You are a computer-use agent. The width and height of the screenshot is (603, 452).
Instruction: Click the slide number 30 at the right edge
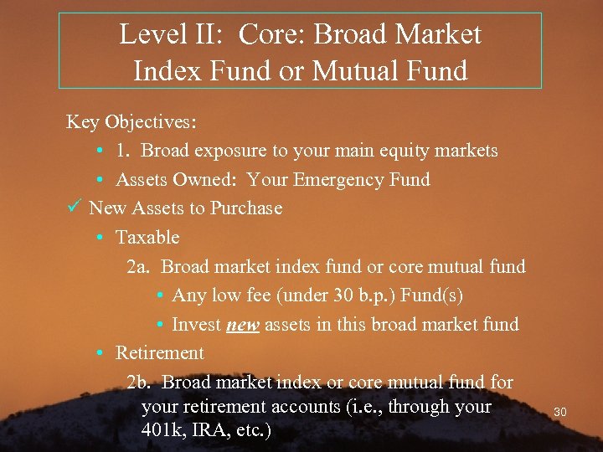coord(560,412)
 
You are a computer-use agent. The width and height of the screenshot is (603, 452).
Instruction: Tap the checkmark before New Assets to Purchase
coord(73,208)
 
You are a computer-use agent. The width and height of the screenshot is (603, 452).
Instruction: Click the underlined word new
coord(242,325)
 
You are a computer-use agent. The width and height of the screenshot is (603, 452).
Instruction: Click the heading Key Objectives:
coord(131,122)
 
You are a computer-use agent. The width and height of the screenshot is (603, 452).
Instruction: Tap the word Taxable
coord(147,238)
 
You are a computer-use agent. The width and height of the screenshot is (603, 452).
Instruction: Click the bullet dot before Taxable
coord(100,238)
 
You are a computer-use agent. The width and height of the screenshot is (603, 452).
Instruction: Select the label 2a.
coord(138,267)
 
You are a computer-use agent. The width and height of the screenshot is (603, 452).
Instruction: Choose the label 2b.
coord(139,383)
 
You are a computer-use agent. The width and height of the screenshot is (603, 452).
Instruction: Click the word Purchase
coord(246,208)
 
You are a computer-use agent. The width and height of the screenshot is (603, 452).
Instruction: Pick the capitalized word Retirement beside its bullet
coord(159,353)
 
